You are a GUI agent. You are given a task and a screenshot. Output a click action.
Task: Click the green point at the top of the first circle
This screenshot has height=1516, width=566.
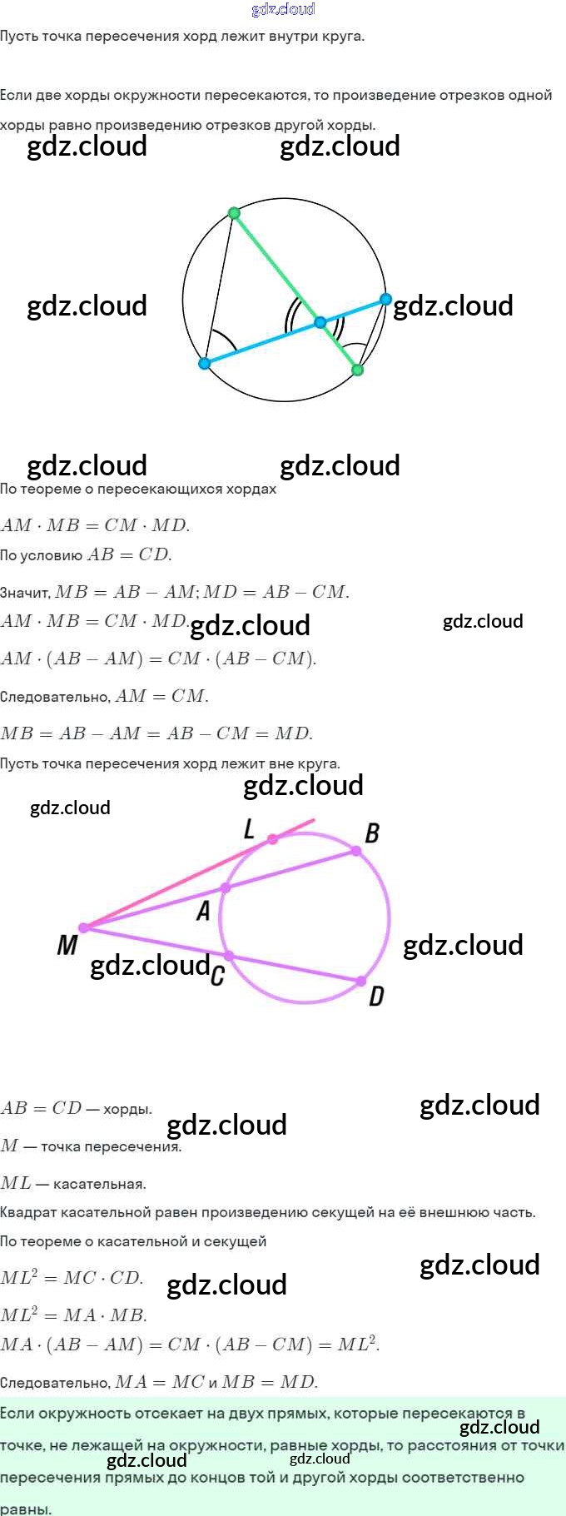234,213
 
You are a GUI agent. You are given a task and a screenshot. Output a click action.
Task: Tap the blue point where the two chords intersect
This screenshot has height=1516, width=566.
320,322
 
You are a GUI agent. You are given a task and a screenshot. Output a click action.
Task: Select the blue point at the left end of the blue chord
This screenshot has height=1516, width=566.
205,364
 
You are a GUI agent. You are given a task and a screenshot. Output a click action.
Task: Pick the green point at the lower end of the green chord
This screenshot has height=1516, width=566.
358,370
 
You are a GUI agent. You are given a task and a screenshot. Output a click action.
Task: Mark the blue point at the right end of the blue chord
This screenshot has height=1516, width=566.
385,298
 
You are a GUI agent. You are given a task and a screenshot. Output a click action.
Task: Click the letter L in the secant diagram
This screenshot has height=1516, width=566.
249,828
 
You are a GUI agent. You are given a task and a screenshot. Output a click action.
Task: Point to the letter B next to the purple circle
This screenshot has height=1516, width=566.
372,833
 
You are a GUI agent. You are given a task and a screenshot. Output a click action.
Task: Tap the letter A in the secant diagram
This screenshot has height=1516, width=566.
203,911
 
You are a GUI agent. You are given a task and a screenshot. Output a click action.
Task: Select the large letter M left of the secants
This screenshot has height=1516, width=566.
67,945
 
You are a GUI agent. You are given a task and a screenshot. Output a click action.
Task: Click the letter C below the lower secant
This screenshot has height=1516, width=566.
217,975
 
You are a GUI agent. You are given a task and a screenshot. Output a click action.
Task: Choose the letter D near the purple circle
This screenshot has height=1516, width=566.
376,996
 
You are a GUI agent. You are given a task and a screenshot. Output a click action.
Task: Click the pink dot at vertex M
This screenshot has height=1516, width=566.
83,927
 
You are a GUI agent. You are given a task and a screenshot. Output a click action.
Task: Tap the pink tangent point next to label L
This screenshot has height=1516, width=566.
273,839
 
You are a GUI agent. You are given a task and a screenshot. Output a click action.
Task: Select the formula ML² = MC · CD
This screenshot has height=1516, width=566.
72,1278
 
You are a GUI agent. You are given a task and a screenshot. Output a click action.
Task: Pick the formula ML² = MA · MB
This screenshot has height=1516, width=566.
74,1315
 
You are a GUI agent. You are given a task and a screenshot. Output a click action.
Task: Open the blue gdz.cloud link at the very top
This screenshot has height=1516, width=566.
283,9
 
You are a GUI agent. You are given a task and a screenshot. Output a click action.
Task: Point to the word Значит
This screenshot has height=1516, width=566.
24,593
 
